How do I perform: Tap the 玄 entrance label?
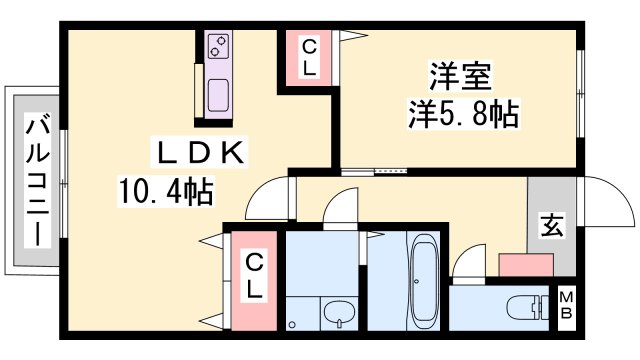(551, 226)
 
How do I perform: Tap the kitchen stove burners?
(218, 47)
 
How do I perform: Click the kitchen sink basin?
(218, 97)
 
